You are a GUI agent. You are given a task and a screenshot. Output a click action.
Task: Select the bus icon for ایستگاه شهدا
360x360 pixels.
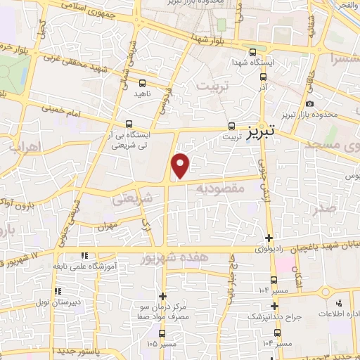pos(252,53)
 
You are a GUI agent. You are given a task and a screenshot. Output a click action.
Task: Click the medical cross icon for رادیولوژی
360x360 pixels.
pos(270,238)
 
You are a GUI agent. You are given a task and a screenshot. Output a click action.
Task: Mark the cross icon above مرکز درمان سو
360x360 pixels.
pos(162,297)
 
